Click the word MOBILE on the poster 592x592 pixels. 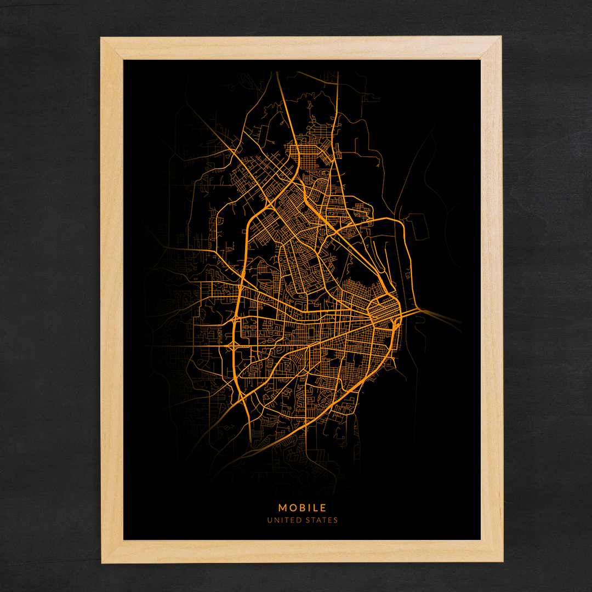click(302, 508)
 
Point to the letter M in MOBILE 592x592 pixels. click(282, 508)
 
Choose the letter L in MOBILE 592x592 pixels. click(315, 508)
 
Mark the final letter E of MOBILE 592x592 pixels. click(323, 508)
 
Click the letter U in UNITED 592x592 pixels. click(270, 520)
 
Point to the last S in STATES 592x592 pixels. click(335, 520)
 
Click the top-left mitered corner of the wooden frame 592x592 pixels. click(112, 48)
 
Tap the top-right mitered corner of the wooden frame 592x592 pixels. click(491, 48)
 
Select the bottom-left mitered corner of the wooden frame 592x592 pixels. click(112, 551)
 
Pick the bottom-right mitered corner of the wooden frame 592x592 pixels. click(491, 551)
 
